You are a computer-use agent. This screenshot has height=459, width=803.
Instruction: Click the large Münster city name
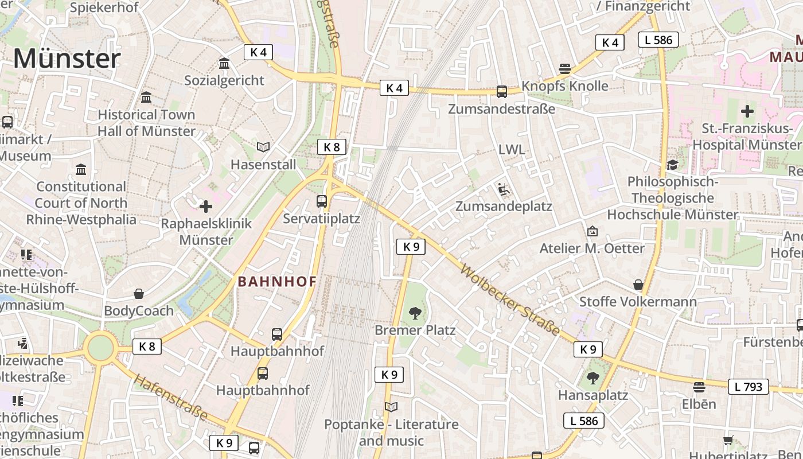click(67, 59)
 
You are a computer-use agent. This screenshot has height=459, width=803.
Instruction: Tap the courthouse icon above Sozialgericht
click(224, 63)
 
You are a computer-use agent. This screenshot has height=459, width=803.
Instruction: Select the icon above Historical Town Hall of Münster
click(146, 98)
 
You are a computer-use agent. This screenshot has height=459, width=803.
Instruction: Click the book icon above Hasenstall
click(263, 147)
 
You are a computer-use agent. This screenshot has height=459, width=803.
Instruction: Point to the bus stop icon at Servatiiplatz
click(322, 201)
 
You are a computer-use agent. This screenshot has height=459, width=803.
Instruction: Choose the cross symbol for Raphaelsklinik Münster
click(206, 207)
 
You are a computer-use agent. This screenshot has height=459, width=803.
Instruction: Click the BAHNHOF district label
click(277, 282)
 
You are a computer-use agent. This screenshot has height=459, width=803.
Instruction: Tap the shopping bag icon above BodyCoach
click(139, 294)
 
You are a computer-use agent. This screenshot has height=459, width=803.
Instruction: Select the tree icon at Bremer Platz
click(415, 313)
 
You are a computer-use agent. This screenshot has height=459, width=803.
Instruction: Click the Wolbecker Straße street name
click(510, 299)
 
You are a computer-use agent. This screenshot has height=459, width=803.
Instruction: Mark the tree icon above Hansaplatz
click(593, 379)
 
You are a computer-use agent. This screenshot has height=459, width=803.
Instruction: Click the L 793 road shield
click(749, 387)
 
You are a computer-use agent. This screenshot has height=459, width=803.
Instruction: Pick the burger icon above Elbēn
click(699, 387)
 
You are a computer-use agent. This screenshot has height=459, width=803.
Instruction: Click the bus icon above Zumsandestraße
click(502, 91)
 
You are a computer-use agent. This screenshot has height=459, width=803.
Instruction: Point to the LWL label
click(512, 150)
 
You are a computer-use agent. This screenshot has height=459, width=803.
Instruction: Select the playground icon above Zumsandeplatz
click(503, 189)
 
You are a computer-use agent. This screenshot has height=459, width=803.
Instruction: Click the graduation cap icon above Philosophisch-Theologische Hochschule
click(672, 165)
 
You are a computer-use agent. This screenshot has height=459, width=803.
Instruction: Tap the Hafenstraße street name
click(170, 397)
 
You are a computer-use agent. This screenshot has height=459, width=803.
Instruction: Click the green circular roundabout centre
click(101, 348)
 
